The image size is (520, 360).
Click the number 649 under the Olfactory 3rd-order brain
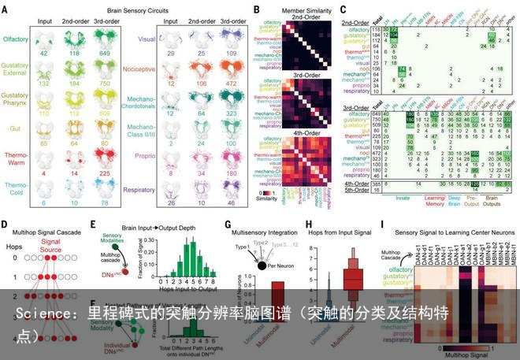105,52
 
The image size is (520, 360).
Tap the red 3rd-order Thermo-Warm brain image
105,160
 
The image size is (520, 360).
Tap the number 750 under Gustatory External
105,84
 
